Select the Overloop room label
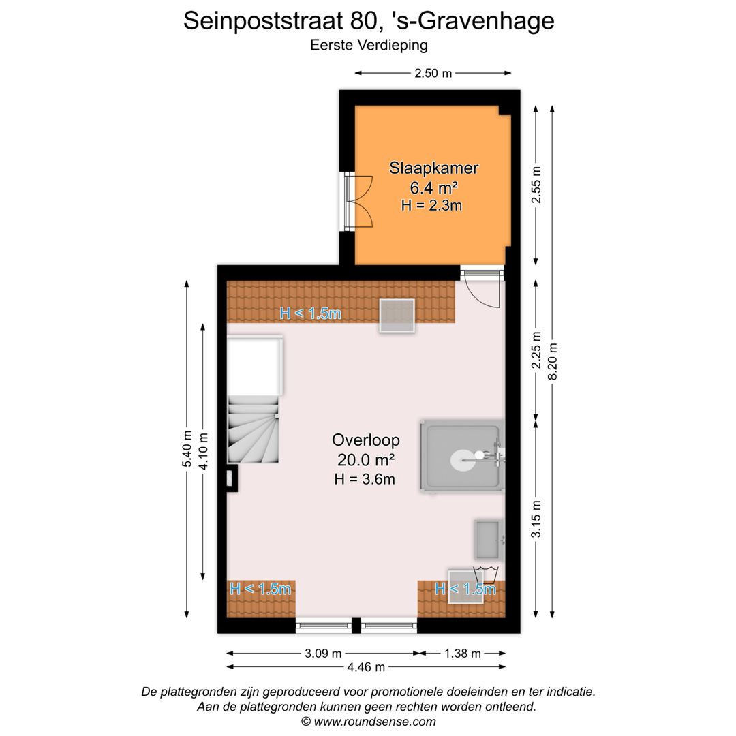point(366,440)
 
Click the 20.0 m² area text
point(366,459)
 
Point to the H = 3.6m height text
point(365,479)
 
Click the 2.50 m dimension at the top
point(433,74)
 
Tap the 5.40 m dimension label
point(187,450)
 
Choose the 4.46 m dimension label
point(366,667)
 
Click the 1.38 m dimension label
point(462,654)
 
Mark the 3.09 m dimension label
point(322,654)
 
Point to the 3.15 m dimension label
point(536,519)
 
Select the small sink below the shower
point(489,538)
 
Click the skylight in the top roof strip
point(397,316)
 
